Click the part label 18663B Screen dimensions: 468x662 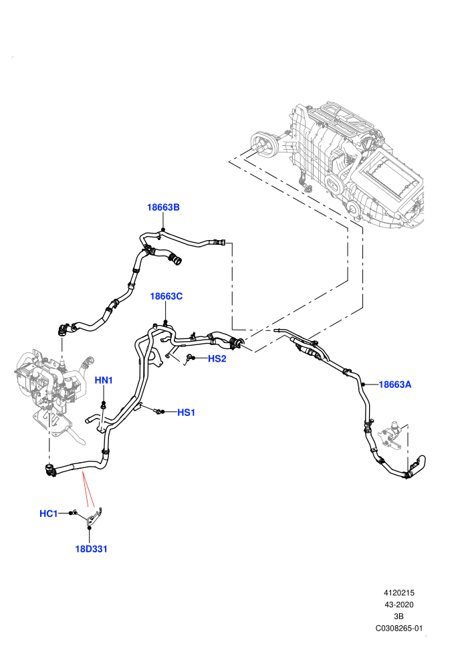coord(163,207)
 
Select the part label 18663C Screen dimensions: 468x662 coord(166,296)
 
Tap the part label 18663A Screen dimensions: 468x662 coord(395,384)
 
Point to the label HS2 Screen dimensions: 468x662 coord(217,358)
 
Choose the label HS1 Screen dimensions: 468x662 coord(186,412)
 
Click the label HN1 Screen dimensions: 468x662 coord(104,380)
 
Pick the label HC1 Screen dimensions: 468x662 coord(49,514)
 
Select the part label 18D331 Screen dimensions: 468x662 coord(91,549)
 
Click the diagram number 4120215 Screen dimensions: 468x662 coord(398,592)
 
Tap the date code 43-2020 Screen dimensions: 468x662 coord(398,604)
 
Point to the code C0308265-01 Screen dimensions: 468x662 coord(398,628)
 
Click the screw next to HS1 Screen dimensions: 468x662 coord(158,411)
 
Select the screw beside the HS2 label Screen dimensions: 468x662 coord(189,358)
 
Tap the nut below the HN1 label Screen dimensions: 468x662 coord(102,407)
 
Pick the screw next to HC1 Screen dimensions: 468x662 coord(74,512)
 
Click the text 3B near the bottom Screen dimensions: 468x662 coord(398,617)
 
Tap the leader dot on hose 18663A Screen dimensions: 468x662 coord(362,384)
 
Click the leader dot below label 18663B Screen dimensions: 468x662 coord(163,229)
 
